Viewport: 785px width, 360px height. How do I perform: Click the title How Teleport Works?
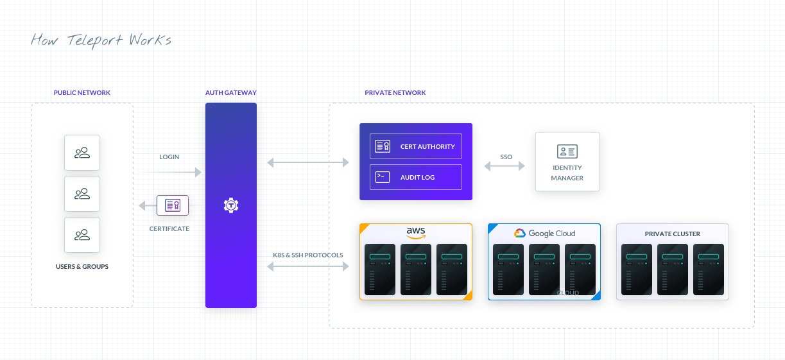[101, 40]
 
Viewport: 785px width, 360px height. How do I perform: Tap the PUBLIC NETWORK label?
[82, 93]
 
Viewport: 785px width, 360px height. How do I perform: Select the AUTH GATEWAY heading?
[231, 93]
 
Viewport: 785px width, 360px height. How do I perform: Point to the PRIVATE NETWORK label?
[395, 93]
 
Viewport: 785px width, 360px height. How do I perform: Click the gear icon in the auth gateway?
[231, 205]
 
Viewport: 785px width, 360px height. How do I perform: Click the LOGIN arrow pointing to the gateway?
[171, 172]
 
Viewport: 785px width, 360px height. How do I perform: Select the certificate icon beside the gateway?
[173, 205]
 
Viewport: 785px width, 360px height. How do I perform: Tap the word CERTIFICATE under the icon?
[169, 228]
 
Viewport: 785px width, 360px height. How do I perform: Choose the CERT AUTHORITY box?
[416, 146]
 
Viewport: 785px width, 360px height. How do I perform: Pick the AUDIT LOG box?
[416, 177]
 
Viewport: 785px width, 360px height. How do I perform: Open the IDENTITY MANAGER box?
[567, 162]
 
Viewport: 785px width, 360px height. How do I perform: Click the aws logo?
[416, 233]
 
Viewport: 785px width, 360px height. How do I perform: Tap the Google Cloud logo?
[544, 234]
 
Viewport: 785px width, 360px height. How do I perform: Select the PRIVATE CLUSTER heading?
[673, 234]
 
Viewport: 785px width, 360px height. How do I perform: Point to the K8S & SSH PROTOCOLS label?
[308, 255]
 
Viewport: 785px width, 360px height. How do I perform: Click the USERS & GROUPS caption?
[82, 266]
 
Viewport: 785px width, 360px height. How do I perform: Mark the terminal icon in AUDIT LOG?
[383, 177]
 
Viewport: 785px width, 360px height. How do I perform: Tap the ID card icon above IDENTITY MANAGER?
[567, 151]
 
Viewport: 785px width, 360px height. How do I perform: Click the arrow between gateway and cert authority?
[308, 163]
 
